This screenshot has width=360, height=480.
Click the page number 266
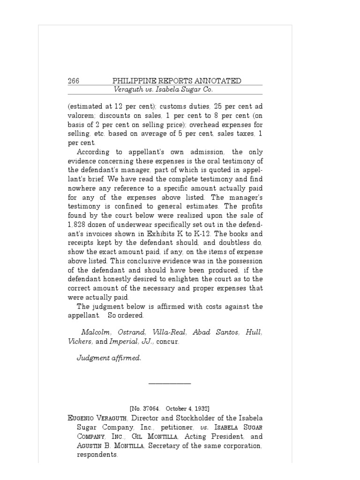click(x=74, y=81)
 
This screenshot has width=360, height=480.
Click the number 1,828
click(x=76, y=224)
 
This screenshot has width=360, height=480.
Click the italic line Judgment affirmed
click(x=109, y=358)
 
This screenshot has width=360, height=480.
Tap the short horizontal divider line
click(x=169, y=384)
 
